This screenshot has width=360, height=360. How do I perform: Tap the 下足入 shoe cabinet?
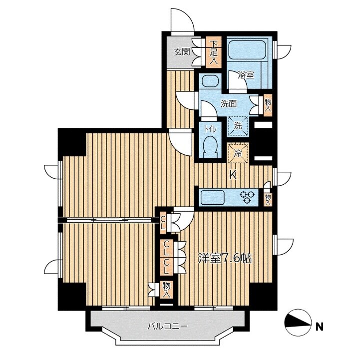coord(214,52)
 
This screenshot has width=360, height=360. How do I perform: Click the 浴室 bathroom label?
coord(246,75)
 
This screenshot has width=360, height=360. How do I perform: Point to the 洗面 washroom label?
coord(229,104)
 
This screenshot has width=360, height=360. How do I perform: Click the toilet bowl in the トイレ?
coord(210,147)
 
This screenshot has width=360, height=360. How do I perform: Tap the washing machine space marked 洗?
coord(238,126)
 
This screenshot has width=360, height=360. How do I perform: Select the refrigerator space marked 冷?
coord(238,153)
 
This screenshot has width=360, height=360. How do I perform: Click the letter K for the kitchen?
coord(233,176)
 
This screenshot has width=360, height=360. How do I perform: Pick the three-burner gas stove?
coord(247,197)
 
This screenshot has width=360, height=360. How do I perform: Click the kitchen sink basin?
coord(212,197)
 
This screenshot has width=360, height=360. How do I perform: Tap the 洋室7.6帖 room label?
coord(225,259)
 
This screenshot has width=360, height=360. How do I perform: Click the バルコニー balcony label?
coord(168,326)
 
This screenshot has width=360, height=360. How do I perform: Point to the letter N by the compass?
coord(319,327)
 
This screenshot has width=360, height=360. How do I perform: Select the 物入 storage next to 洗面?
coord(268,105)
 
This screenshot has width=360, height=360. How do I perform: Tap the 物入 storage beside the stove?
coord(268,200)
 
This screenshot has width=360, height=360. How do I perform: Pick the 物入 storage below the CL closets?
coord(167,290)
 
